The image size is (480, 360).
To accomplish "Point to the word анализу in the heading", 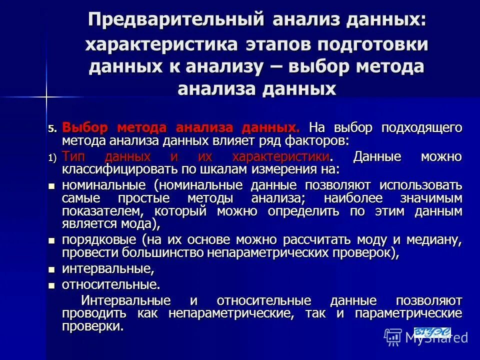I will (x=218, y=66).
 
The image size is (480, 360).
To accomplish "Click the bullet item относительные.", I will (x=110, y=285).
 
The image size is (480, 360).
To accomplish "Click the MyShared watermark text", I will (x=436, y=338).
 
